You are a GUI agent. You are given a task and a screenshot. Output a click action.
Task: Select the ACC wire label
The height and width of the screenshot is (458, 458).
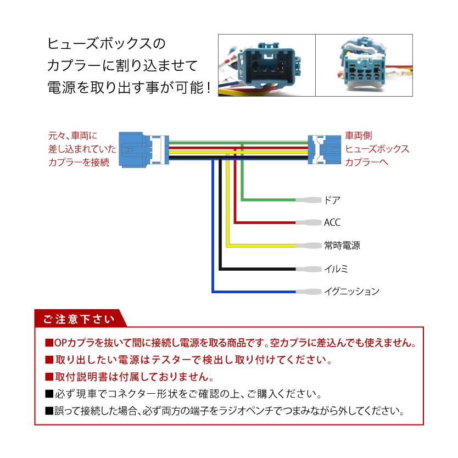point(332,222)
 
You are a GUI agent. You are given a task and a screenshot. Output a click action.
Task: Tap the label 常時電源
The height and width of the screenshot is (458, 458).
point(342,245)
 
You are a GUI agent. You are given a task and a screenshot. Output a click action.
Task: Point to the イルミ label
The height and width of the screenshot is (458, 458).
point(336,269)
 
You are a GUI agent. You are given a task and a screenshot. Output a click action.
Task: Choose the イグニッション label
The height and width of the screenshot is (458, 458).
point(351,292)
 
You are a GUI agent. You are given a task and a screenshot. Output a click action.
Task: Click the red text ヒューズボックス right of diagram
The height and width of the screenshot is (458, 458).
point(377,149)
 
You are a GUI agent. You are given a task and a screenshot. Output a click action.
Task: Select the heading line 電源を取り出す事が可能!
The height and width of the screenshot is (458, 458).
point(128,87)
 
